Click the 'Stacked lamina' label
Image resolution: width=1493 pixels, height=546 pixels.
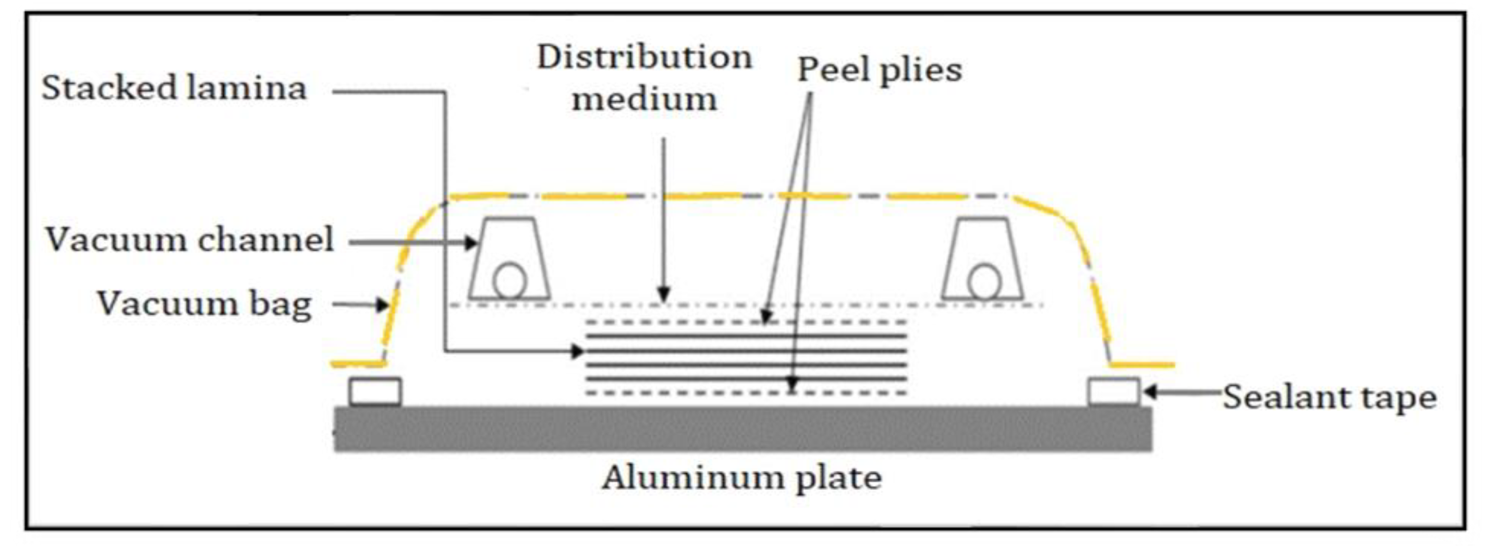(174, 88)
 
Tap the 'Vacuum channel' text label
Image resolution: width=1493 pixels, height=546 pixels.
(190, 240)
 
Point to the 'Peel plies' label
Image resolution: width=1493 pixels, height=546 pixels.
(880, 71)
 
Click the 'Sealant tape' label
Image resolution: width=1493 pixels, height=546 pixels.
(1329, 398)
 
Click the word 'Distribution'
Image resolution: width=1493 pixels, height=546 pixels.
(645, 57)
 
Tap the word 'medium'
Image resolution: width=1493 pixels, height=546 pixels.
(645, 99)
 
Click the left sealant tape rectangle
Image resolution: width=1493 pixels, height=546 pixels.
(375, 392)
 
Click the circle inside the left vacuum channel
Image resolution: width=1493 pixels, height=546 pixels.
(509, 281)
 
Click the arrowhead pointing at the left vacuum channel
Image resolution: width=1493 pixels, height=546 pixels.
(471, 243)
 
